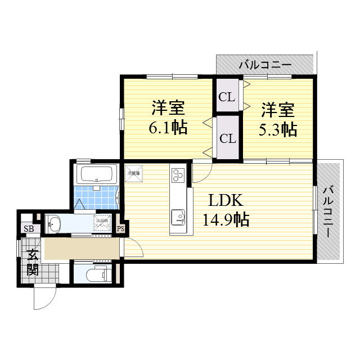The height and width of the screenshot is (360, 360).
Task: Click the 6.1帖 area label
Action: [x=168, y=128]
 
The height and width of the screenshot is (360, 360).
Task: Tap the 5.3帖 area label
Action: [x=277, y=129]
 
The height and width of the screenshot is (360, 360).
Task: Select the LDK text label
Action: [x=226, y=200]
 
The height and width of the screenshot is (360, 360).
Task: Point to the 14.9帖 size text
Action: [x=226, y=219]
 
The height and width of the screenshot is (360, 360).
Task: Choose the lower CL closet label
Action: [x=227, y=138]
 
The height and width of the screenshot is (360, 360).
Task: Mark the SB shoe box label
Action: [x=28, y=228]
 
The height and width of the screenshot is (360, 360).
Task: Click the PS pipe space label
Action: [x=120, y=228]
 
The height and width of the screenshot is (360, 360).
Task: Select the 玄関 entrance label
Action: [x=32, y=262]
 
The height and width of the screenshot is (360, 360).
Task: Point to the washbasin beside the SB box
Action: [x=54, y=224]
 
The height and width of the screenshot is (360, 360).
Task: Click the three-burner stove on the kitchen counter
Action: [x=178, y=175]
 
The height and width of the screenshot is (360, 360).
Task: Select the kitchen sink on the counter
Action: [x=178, y=217]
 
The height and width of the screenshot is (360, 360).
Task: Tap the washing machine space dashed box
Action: [x=102, y=223]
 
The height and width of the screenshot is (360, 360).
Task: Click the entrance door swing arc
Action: [x=44, y=297]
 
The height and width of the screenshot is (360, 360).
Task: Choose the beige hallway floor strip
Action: [x=82, y=249]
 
